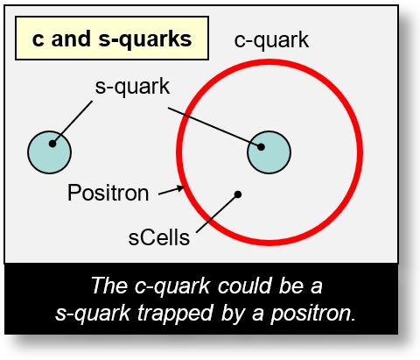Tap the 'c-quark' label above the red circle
(x=271, y=40)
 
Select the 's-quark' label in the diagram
(x=132, y=87)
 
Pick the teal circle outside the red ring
(x=49, y=152)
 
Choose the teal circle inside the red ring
(x=269, y=152)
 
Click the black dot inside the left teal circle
(x=52, y=144)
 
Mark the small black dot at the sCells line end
(x=237, y=194)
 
